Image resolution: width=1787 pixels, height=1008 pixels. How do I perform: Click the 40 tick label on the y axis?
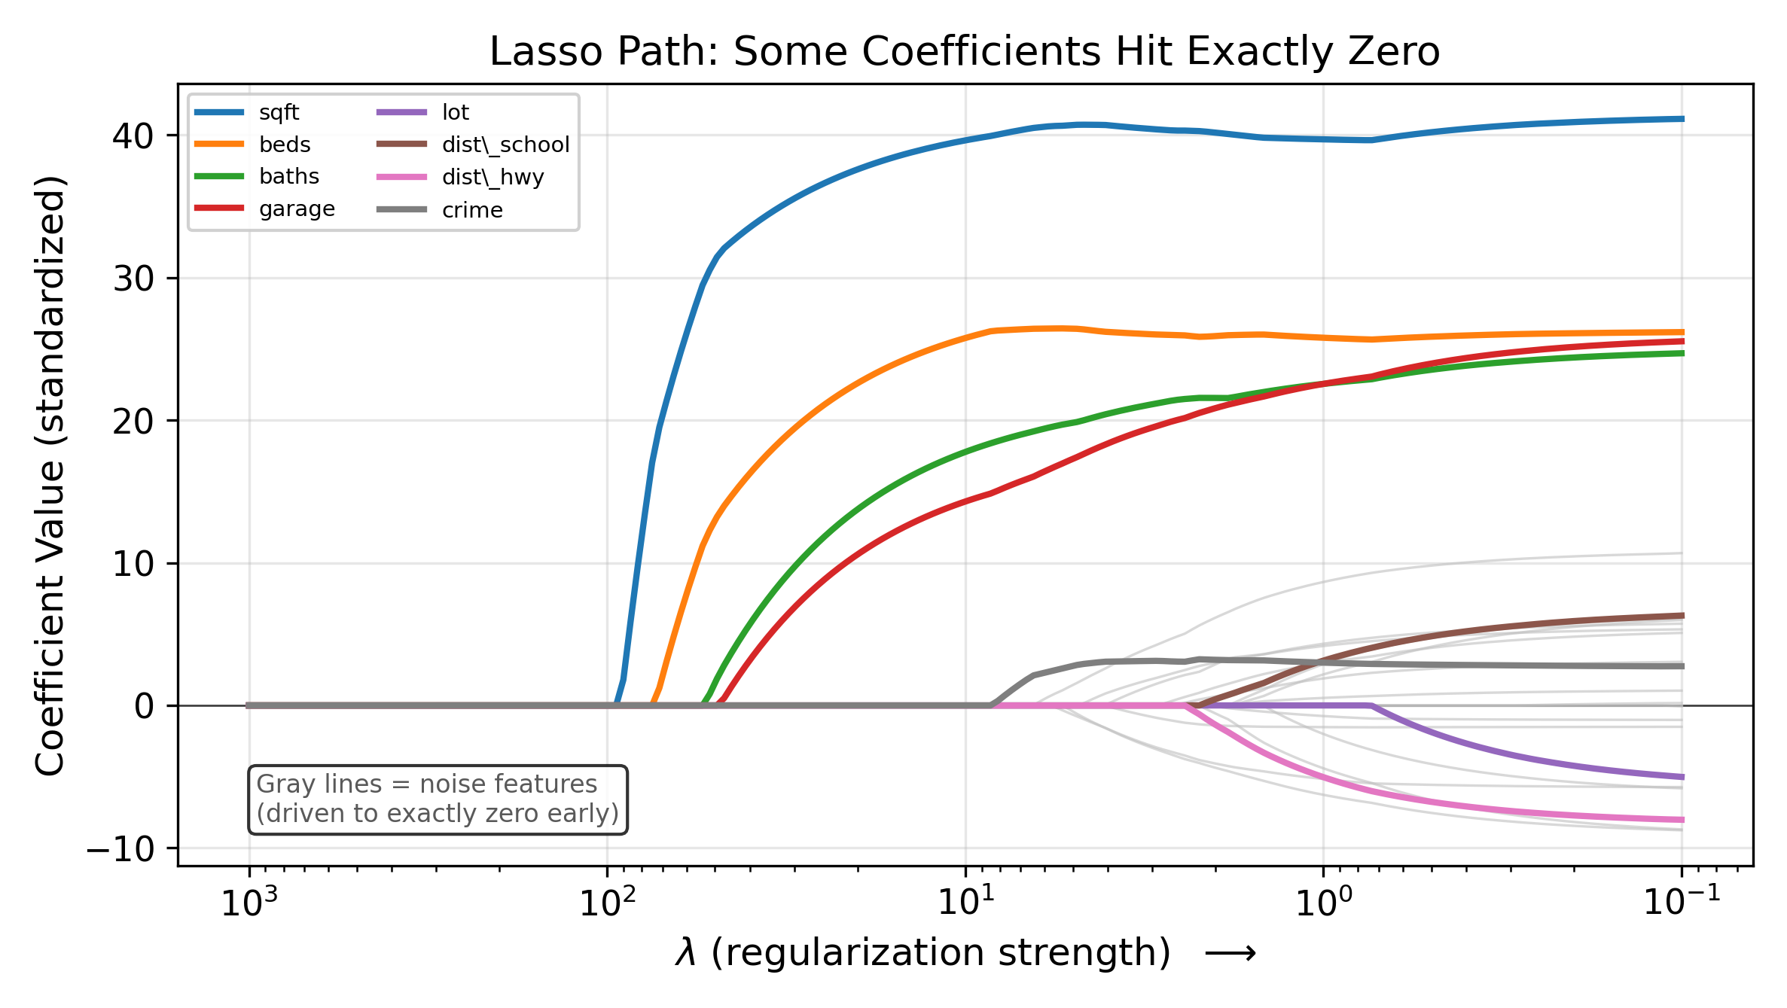(133, 136)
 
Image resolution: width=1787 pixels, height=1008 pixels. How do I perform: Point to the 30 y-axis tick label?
(133, 279)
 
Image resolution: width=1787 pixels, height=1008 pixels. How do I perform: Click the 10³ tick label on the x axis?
(249, 900)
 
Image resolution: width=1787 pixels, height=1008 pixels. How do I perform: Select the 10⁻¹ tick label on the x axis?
(1682, 900)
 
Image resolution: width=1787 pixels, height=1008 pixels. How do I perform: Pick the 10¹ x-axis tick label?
(965, 900)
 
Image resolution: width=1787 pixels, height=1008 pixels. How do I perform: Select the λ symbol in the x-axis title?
(685, 953)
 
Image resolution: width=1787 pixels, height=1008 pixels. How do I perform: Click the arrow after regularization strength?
(1230, 954)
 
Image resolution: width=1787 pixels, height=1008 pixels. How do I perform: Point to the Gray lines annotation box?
(438, 799)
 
